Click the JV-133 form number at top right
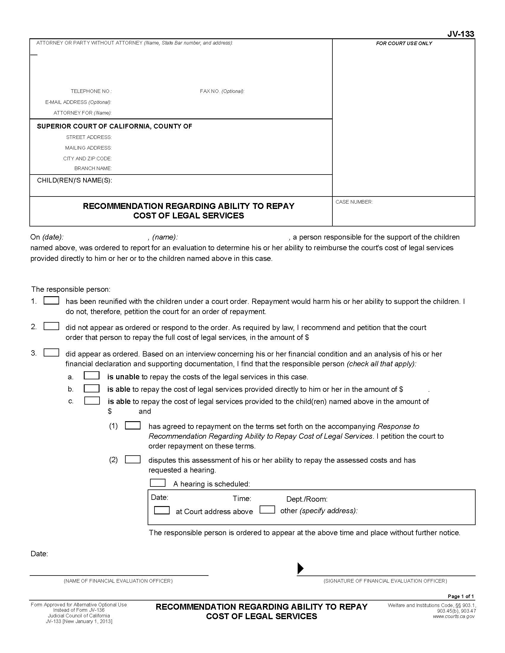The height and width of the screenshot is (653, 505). pos(460,34)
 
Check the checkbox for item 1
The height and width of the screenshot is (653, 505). pos(51,300)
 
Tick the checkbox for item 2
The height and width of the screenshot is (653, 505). pos(51,326)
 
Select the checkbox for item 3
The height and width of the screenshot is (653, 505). pos(51,353)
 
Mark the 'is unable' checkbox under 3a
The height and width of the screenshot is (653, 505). pos(91,375)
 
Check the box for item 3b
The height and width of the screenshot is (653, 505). pos(91,389)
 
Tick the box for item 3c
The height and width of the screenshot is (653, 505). pos(92,401)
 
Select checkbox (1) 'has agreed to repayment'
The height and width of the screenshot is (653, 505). pos(132,425)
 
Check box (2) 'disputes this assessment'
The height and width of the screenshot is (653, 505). pos(132,459)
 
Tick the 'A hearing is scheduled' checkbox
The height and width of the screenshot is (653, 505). pos(157,483)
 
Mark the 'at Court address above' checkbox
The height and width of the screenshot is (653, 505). pos(162,510)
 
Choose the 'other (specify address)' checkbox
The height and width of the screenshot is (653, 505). pos(267,509)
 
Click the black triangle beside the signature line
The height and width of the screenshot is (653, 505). pos(300,568)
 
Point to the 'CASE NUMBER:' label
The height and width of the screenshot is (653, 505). pos(354,202)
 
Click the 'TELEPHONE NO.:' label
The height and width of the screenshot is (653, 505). pos(91,91)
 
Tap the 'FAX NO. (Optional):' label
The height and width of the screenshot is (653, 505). pos(222,91)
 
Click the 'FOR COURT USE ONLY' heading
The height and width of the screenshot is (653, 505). pos(404,43)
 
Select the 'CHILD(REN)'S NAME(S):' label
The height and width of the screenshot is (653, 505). pos(75,180)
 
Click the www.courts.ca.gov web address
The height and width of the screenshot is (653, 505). pos(454,616)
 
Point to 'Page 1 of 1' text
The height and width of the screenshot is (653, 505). pos(461,597)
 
